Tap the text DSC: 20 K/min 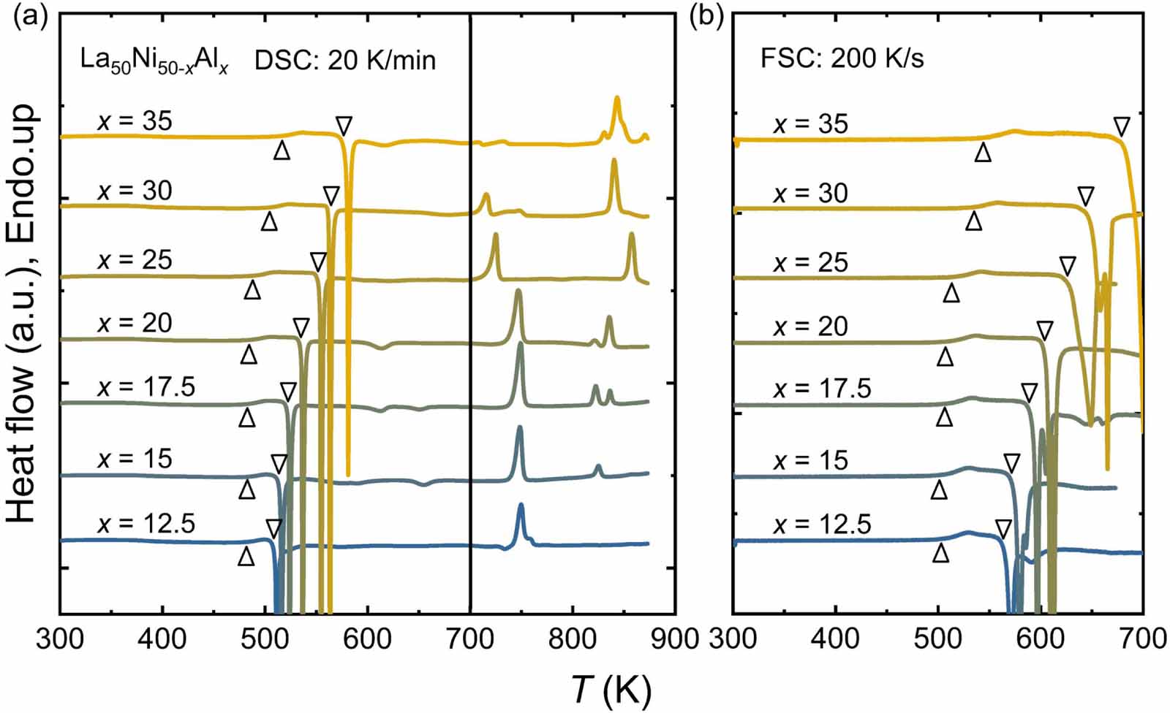(345, 60)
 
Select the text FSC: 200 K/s (842, 58)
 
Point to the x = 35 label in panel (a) (135, 121)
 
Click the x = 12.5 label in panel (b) (822, 525)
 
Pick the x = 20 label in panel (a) (135, 323)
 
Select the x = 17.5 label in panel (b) (822, 389)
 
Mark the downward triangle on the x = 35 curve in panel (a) (344, 126)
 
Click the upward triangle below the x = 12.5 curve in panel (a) (246, 556)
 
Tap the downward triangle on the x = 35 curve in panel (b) (1121, 127)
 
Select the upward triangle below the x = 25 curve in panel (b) (951, 293)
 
